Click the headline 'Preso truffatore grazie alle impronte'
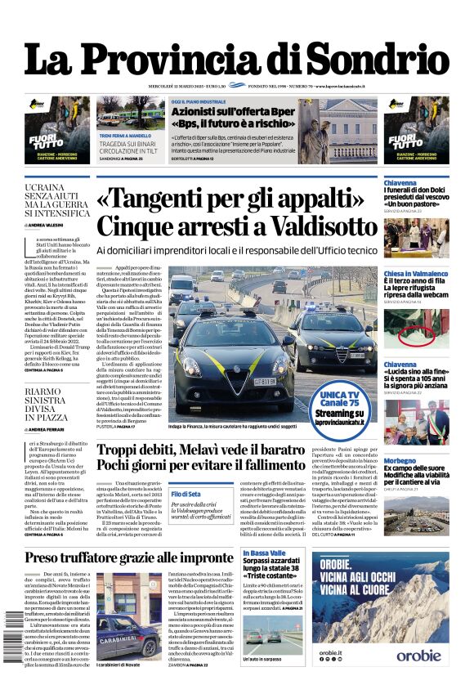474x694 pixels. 129,558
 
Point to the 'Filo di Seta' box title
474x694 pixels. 186,494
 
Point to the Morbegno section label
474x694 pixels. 400,460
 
